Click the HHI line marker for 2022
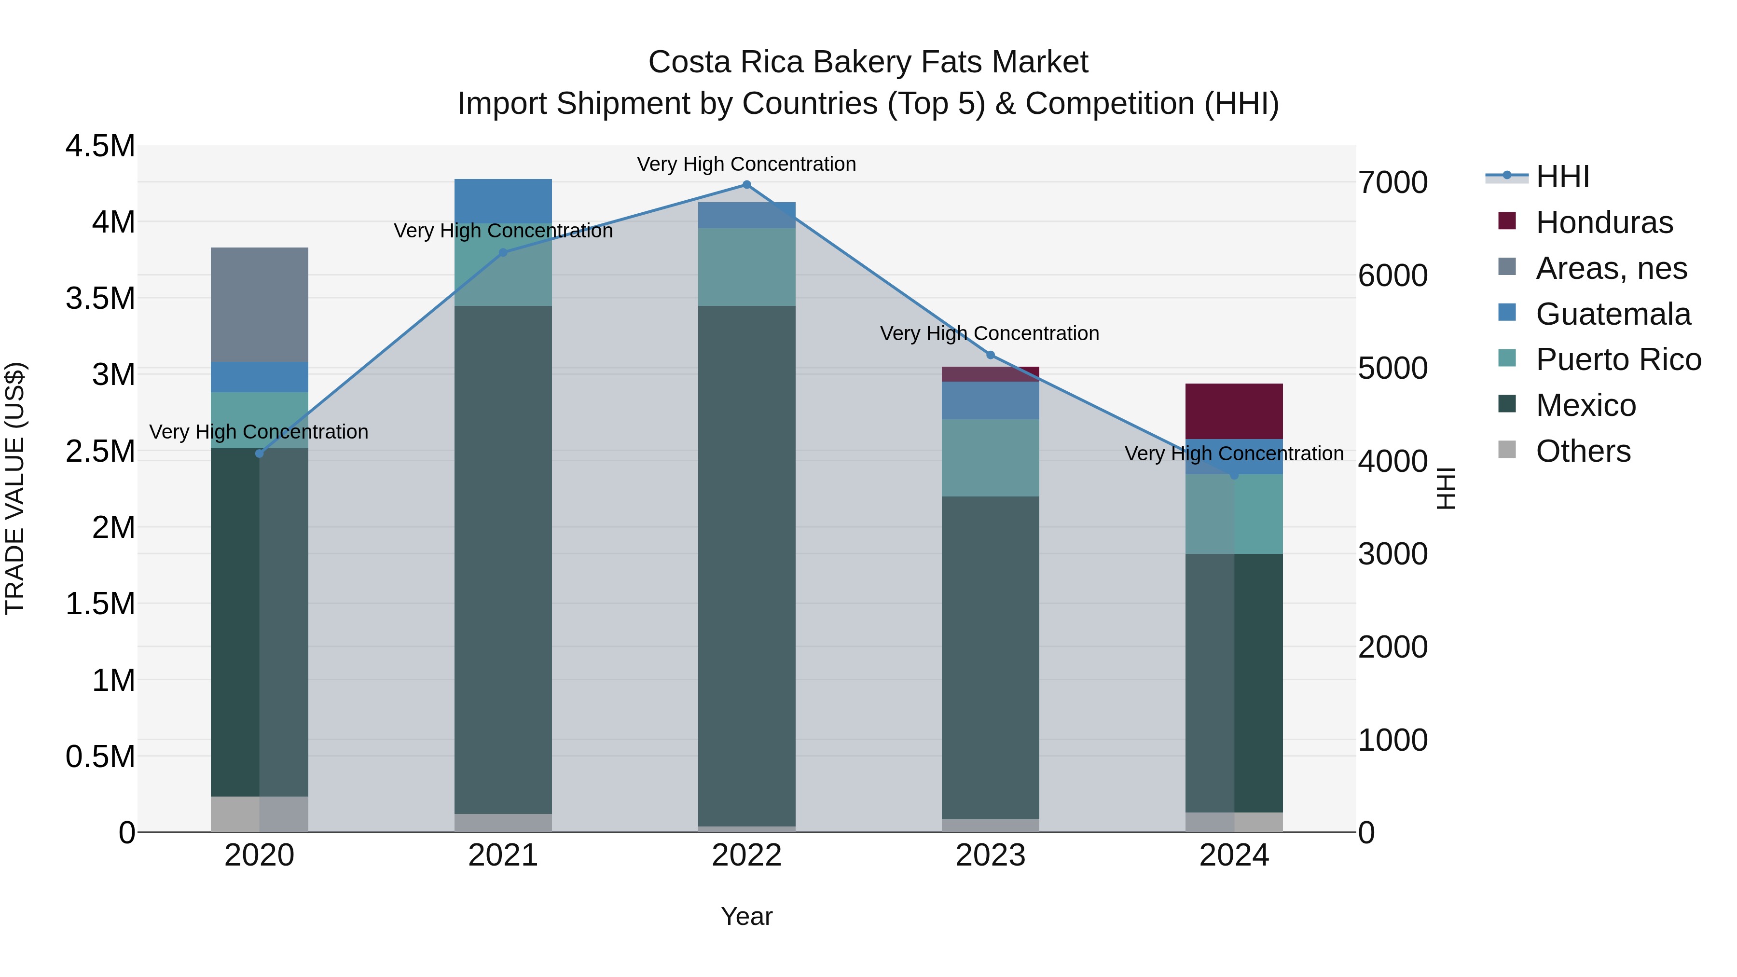click(x=746, y=185)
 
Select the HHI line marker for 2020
click(x=260, y=453)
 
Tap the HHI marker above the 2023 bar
click(x=991, y=355)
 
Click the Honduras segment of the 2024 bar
click(x=1234, y=411)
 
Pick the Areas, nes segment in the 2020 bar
click(x=260, y=305)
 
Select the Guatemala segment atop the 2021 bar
click(x=503, y=201)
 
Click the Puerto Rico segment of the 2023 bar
click(x=990, y=458)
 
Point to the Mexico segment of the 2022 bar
click(x=746, y=566)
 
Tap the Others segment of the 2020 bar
click(x=260, y=814)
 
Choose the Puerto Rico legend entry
click(x=1618, y=360)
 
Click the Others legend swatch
click(x=1506, y=450)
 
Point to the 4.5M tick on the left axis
click(x=100, y=146)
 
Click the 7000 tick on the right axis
click(x=1392, y=183)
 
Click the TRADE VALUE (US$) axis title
click(x=15, y=488)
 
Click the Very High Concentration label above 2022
click(x=746, y=165)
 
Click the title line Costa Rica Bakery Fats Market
click(x=868, y=62)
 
